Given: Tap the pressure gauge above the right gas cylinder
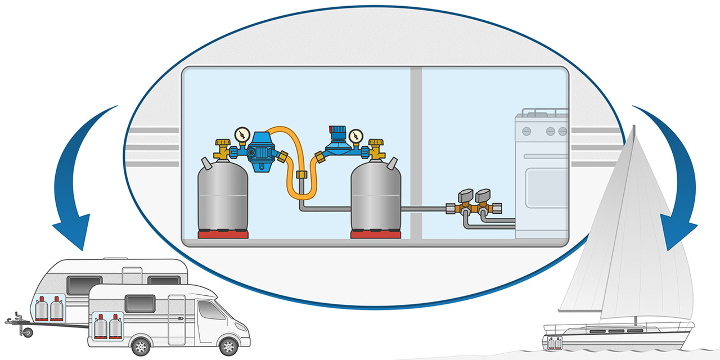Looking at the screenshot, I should (x=355, y=137).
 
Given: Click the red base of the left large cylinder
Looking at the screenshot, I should (x=223, y=234).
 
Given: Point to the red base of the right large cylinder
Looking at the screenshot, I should (x=376, y=234).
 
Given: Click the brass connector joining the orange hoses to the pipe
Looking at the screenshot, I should (x=301, y=175).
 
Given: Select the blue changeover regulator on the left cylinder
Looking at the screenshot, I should (x=260, y=147).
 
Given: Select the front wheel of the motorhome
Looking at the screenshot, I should (x=228, y=344).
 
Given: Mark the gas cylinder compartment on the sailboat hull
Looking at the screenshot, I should (x=555, y=341).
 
